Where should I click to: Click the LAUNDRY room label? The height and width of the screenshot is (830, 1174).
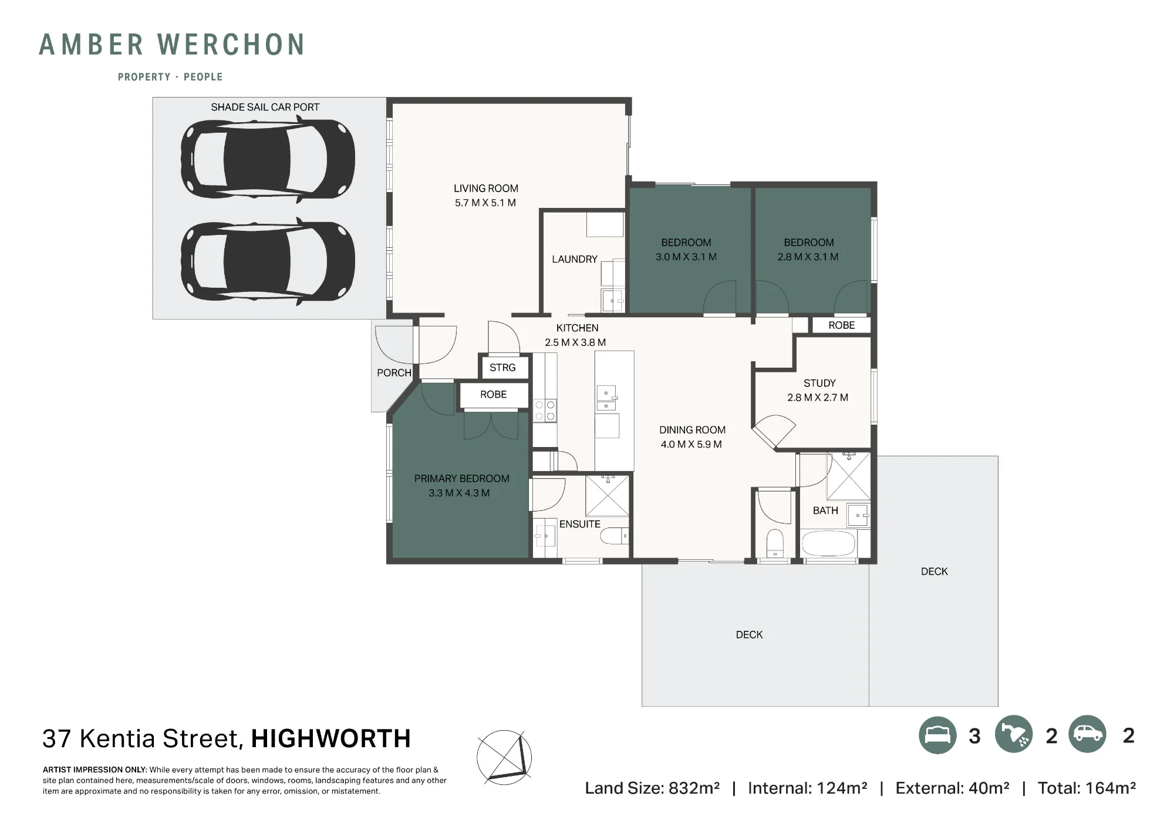[574, 259]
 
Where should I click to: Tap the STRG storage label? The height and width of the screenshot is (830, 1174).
[502, 368]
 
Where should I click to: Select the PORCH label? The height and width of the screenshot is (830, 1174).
[394, 373]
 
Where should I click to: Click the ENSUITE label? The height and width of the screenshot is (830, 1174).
[579, 524]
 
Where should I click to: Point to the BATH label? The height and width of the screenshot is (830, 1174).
[825, 510]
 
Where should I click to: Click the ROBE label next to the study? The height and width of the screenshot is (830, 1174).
[841, 325]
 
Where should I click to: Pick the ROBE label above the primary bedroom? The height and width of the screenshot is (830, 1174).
[493, 395]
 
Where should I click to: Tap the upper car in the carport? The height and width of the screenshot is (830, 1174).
[268, 159]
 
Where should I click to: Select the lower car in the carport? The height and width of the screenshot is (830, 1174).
[268, 261]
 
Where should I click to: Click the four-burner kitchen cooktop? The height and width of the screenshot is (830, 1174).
[545, 410]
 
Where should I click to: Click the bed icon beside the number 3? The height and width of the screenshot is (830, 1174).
[937, 735]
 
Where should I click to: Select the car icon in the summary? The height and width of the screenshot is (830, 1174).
[1087, 734]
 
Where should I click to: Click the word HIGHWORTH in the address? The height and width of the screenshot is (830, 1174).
[331, 739]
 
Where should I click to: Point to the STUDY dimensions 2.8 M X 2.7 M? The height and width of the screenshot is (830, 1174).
[818, 398]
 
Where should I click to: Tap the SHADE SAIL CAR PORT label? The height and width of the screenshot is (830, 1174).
[265, 107]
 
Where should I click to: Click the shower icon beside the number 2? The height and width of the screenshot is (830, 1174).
[1014, 734]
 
